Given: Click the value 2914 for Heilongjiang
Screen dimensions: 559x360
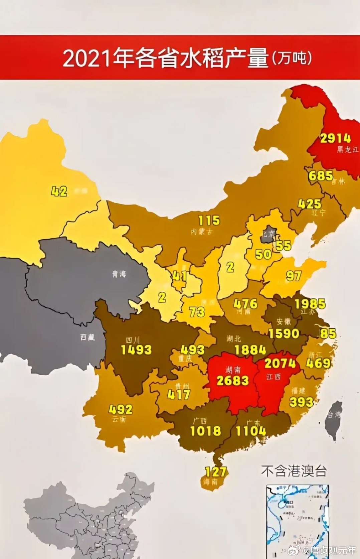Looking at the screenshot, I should pyautogui.click(x=335, y=138).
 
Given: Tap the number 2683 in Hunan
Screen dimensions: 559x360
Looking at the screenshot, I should pyautogui.click(x=232, y=381).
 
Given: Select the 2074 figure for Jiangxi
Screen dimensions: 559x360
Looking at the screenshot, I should pyautogui.click(x=280, y=363).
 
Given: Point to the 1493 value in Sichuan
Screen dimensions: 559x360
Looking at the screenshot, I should pyautogui.click(x=136, y=350).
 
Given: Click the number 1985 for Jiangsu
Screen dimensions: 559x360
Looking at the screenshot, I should pyautogui.click(x=310, y=304).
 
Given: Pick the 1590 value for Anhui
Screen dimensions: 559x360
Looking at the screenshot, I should pyautogui.click(x=284, y=333).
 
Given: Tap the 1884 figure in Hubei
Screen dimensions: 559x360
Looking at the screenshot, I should pyautogui.click(x=250, y=350).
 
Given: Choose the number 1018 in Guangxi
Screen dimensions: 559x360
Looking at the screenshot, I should pyautogui.click(x=205, y=431).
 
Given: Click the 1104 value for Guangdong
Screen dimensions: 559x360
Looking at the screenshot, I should pyautogui.click(x=251, y=431).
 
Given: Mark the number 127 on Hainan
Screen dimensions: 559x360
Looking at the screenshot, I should pyautogui.click(x=216, y=472).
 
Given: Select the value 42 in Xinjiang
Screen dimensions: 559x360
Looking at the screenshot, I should pyautogui.click(x=59, y=191).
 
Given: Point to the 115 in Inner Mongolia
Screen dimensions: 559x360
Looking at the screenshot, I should pyautogui.click(x=209, y=220).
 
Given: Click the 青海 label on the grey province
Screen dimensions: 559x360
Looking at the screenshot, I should pyautogui.click(x=119, y=274).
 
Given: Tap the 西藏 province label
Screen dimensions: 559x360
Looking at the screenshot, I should pyautogui.click(x=87, y=337).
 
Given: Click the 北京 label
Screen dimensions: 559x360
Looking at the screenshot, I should pyautogui.click(x=268, y=234).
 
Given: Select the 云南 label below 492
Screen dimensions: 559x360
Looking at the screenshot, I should pyautogui.click(x=119, y=419).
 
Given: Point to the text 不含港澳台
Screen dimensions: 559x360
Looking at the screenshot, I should pyautogui.click(x=294, y=471).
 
